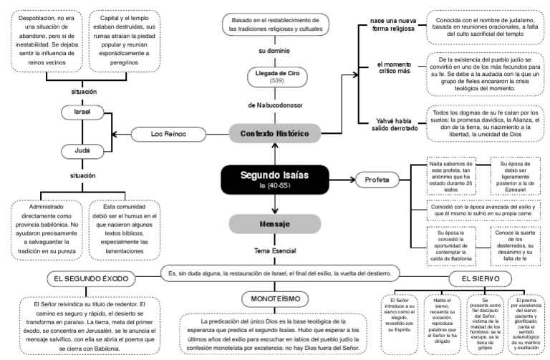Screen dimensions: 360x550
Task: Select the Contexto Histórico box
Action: [x=275, y=134]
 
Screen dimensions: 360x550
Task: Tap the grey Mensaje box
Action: [x=275, y=224]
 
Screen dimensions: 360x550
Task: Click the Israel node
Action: [x=82, y=113]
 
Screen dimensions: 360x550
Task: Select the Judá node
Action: [x=82, y=152]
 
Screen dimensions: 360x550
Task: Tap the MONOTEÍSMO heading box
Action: [x=274, y=298]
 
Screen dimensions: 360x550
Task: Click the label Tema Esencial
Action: [x=275, y=252]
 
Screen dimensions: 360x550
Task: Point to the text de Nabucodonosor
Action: [x=275, y=105]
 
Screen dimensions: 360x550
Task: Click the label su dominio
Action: [x=275, y=51]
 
